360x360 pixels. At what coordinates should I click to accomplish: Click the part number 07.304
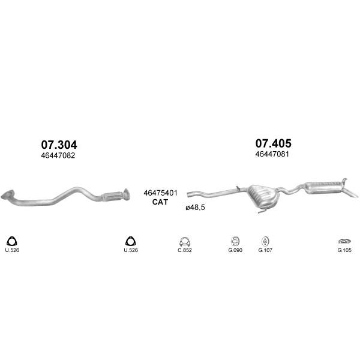coord(59,145)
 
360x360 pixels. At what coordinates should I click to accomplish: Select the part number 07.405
coord(273,143)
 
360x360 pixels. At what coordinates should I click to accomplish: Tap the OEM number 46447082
coord(58,155)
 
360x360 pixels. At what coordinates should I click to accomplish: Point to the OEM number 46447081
coord(272,154)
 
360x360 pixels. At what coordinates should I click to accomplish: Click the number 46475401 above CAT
coord(160,193)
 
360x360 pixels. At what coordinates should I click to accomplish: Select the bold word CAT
coord(160,202)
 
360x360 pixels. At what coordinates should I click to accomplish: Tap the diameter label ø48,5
coord(195,208)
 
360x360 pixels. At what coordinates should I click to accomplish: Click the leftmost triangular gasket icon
coord(11,241)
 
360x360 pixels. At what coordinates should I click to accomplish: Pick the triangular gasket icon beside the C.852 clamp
coord(130,241)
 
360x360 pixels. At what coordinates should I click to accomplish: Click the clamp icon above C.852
coord(185,242)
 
